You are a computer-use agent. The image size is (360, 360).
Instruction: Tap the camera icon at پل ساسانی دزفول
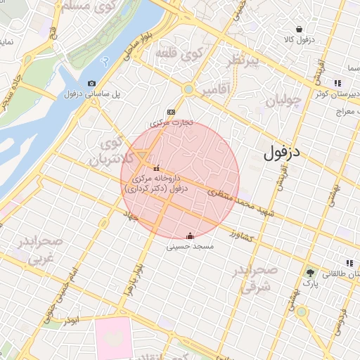click(91, 84)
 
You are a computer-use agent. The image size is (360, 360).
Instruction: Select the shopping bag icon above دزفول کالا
click(300, 29)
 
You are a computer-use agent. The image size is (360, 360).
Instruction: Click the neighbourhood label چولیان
click(285, 103)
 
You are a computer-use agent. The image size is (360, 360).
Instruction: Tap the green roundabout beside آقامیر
click(188, 89)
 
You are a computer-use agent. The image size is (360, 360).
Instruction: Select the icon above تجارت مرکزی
click(170, 112)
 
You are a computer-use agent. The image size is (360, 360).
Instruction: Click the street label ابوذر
click(70, 321)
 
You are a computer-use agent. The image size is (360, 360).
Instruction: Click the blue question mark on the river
click(105, 62)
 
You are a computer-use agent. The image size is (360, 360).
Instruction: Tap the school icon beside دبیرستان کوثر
click(349, 84)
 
